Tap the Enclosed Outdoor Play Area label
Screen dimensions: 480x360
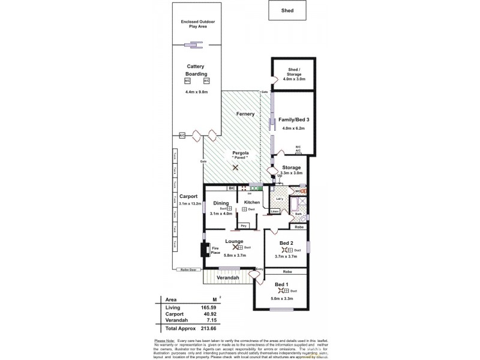pos(198,25)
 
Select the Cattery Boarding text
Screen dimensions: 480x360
pos(196,70)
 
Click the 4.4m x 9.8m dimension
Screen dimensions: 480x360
pos(197,92)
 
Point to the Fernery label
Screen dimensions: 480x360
pos(245,114)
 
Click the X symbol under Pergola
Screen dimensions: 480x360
pos(236,168)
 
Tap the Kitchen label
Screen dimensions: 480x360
pos(252,203)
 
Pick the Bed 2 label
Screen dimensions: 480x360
pos(286,243)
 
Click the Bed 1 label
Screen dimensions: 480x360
pos(281,284)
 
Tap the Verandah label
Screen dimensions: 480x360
pos(228,278)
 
